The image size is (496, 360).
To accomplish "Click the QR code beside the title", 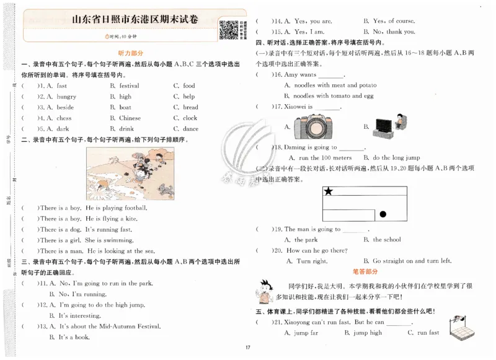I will pyautogui.click(x=229, y=30).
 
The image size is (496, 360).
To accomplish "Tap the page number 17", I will pyautogui.click(x=247, y=347).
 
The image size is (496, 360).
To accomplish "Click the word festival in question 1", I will pyautogui.click(x=129, y=86).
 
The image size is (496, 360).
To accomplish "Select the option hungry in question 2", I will pyautogui.click(x=66, y=97).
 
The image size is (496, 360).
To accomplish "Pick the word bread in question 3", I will pyautogui.click(x=190, y=107).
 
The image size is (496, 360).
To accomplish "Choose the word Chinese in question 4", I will pyautogui.click(x=130, y=118).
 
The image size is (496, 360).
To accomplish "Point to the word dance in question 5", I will pyautogui.click(x=190, y=129).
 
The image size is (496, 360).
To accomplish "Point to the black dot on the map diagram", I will pyautogui.click(x=383, y=214).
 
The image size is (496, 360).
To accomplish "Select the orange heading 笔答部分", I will pyautogui.click(x=365, y=272).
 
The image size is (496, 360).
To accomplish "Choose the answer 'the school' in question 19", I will pyautogui.click(x=387, y=240).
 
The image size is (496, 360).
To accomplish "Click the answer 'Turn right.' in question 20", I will pyautogui.click(x=312, y=261).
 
